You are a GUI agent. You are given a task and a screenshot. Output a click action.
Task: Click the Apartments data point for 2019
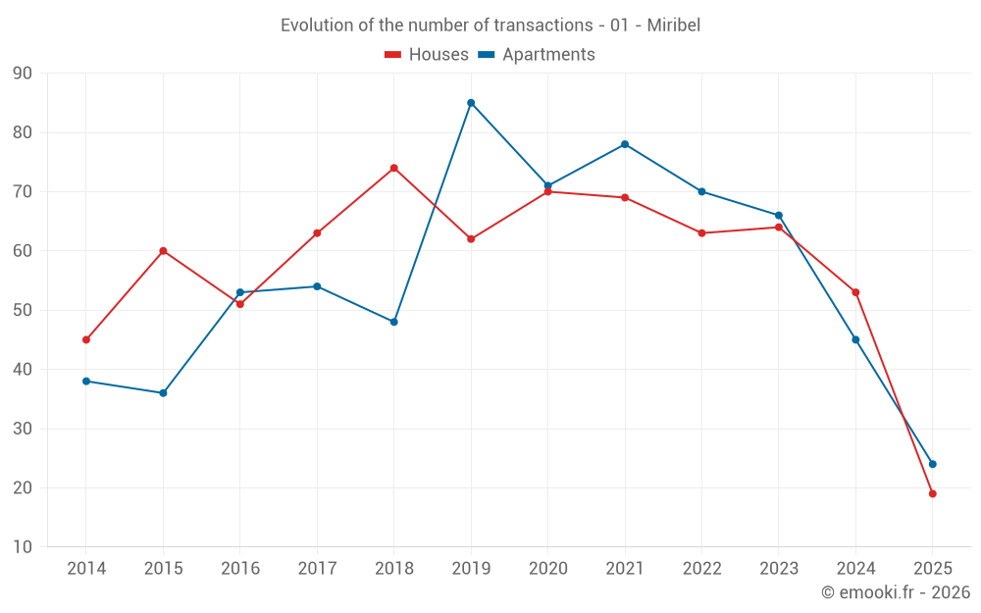point(471,103)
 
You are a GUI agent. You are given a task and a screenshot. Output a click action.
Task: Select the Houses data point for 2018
point(393,168)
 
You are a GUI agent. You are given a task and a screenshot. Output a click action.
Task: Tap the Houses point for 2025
point(933,493)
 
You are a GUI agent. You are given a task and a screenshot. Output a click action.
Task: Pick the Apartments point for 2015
point(163,393)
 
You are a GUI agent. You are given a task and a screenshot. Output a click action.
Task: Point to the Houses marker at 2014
point(86,339)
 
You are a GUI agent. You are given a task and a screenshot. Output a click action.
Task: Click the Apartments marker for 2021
point(625,144)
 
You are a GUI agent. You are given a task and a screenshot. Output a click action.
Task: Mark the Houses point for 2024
point(855,292)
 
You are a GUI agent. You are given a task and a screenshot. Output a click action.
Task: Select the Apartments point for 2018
point(393,322)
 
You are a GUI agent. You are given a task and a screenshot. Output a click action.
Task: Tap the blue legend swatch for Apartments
point(487,55)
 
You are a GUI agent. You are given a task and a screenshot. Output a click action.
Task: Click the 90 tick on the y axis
point(23,74)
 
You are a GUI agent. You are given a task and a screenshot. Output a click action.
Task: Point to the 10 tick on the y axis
point(23,547)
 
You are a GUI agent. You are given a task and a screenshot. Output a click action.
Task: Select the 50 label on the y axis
point(23,310)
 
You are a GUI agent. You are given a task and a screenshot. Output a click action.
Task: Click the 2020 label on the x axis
point(547,569)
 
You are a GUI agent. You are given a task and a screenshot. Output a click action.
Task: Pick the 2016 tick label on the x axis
point(239,569)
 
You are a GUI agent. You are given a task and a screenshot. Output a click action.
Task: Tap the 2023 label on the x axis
point(779,569)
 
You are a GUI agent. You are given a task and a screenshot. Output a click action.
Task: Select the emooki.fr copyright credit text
point(895,592)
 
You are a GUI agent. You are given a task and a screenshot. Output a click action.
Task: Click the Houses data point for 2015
point(163,251)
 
